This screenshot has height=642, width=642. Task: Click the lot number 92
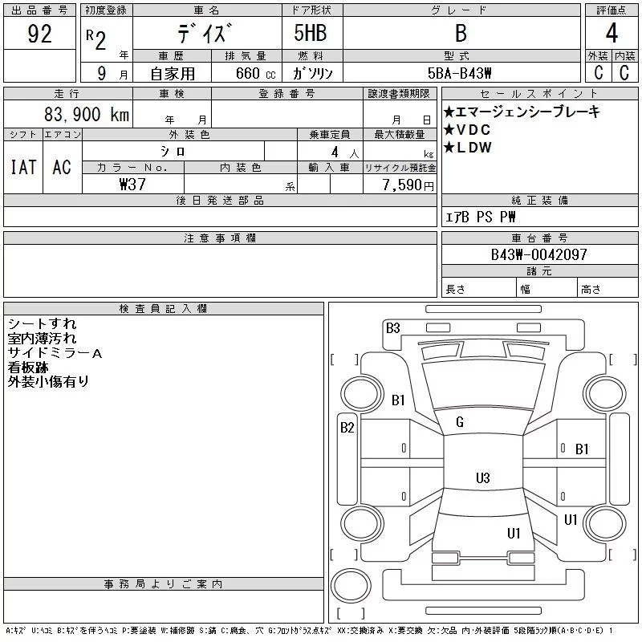39,34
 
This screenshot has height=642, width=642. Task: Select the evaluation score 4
611,34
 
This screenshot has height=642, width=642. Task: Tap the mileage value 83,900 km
87,115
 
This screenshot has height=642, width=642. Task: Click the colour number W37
133,185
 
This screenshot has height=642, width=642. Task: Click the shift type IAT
22,167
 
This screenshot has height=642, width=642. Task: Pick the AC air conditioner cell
62,167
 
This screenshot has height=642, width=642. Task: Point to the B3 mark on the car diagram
392,327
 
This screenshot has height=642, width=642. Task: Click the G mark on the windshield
460,422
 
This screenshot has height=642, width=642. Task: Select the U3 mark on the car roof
482,478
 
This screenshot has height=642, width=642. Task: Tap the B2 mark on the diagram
347,428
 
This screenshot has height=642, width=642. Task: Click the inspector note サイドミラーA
55,353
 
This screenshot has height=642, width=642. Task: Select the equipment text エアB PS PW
481,217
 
